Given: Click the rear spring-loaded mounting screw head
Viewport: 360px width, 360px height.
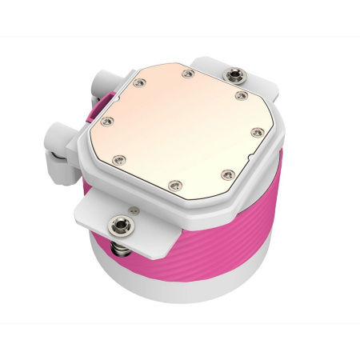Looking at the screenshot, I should point(235,75).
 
